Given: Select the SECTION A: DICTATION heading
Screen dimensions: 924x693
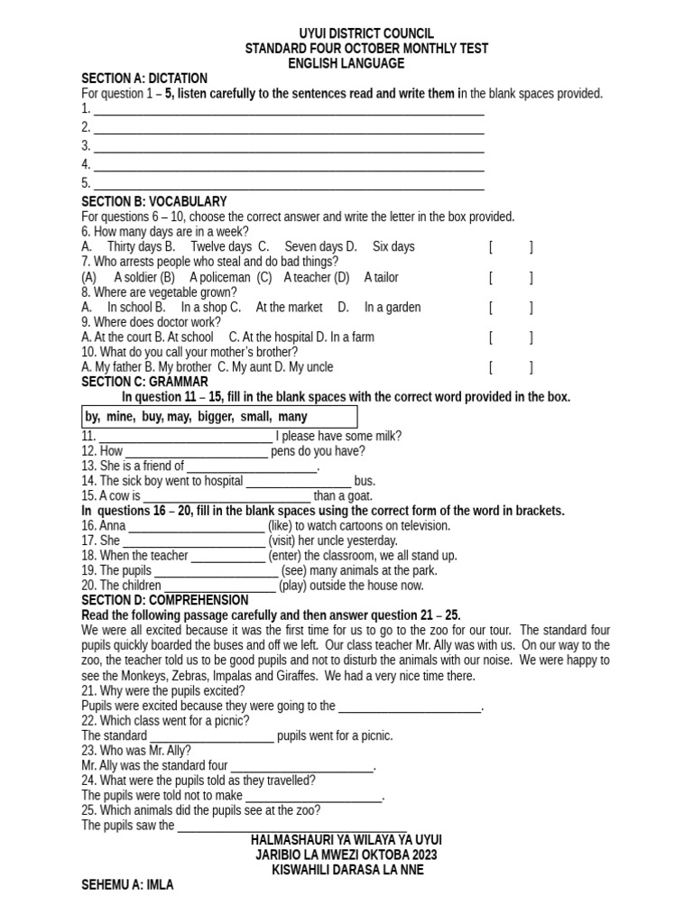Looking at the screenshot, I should (144, 79).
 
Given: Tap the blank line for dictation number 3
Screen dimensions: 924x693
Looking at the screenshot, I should (289, 146).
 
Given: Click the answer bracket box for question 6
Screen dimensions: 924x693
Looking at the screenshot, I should (511, 247).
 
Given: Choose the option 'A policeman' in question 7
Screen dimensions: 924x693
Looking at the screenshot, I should (220, 277).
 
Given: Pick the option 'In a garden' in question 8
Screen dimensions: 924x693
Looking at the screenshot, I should (393, 308).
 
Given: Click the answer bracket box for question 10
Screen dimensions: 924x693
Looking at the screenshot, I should (511, 367).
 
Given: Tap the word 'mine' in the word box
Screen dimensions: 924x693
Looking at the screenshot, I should (120, 417).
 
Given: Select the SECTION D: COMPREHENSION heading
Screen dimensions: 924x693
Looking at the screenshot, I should (165, 600).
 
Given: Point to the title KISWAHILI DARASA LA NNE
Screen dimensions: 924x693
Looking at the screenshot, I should (347, 870).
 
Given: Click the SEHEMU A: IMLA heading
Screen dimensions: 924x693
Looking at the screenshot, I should (127, 886).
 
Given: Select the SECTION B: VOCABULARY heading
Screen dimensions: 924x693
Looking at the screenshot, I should (154, 201).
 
